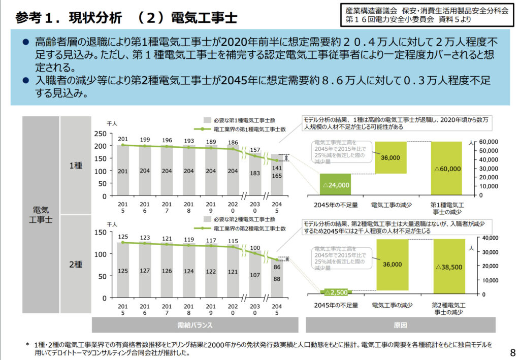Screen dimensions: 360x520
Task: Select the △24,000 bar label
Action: [336, 185]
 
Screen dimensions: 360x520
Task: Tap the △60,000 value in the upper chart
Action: [448, 169]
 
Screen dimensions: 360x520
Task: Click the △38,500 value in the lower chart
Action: [448, 266]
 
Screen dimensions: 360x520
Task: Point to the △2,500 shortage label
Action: [336, 292]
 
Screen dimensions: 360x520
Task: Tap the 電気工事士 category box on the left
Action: [40, 214]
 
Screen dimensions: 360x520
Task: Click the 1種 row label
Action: [75, 165]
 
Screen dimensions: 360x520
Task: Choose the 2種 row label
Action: [75, 265]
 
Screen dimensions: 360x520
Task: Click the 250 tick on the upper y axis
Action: [101, 134]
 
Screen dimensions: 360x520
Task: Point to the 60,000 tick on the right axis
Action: [490, 141]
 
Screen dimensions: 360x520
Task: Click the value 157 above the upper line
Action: [255, 150]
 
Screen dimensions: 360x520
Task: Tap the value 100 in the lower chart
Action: [255, 248]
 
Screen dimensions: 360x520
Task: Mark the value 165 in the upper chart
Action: [277, 175]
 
